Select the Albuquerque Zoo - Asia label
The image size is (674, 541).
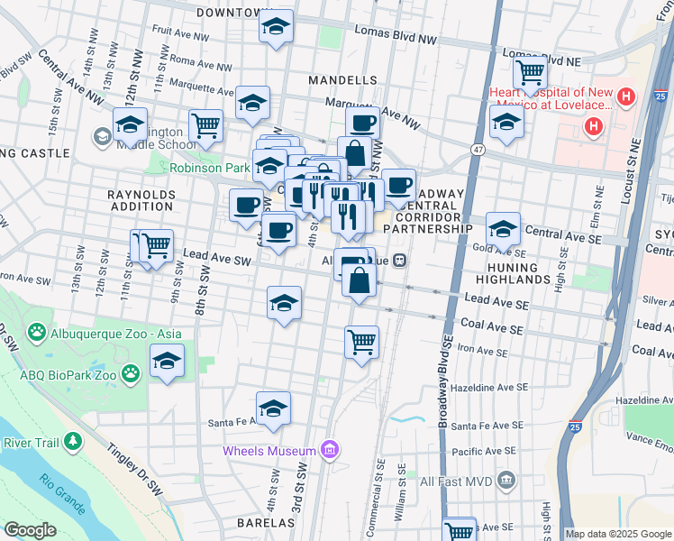click(x=110, y=334)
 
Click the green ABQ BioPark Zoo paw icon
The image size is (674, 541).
click(x=132, y=371)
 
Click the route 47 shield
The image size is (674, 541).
click(x=478, y=150)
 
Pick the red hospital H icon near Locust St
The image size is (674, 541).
click(x=593, y=125)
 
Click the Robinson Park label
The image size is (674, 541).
click(x=210, y=169)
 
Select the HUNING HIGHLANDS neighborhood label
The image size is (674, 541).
click(x=518, y=273)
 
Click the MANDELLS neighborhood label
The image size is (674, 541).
click(x=342, y=80)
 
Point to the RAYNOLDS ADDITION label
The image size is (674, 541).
click(x=140, y=199)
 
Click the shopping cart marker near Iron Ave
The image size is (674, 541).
click(x=361, y=343)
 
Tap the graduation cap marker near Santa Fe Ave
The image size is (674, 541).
click(x=274, y=408)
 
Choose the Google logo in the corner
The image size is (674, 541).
click(x=30, y=530)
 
